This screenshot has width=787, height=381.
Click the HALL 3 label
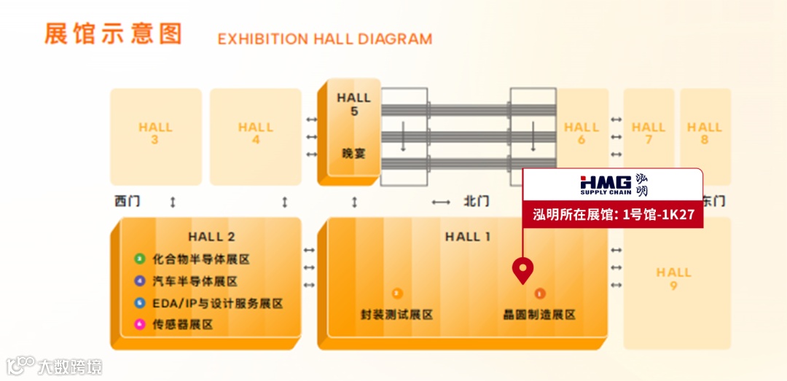155,133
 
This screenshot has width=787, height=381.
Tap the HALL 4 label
255,133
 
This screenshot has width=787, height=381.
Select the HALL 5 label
354,104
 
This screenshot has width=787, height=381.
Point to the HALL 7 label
649,133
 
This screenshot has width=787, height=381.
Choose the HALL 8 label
705,133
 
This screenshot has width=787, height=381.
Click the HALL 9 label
673,279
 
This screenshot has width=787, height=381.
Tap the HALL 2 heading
211,237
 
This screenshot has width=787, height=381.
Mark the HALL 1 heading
468,237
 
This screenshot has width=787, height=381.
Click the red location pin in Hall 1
522,270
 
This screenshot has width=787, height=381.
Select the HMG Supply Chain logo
613,186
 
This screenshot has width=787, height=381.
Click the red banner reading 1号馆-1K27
613,216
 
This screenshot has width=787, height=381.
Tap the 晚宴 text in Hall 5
354,154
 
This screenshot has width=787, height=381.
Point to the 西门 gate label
127,202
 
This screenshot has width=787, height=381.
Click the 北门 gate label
477,202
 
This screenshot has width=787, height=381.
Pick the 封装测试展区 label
397,315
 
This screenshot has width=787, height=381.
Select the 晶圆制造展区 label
539,315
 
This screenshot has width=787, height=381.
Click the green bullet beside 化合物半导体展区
139,259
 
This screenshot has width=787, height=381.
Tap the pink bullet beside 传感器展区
139,325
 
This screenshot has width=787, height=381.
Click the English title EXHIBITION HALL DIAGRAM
324,39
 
